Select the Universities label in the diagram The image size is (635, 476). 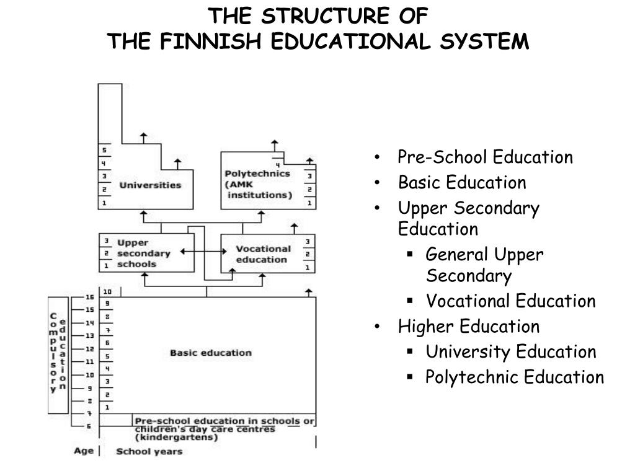click(150, 185)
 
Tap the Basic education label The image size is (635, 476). click(211, 353)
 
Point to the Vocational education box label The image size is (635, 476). click(263, 254)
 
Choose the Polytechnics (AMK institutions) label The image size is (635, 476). click(257, 184)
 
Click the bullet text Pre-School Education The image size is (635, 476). click(486, 157)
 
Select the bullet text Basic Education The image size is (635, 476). click(462, 183)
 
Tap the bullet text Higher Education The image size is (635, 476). click(469, 326)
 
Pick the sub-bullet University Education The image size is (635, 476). click(510, 352)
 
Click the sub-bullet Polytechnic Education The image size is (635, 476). click(514, 377)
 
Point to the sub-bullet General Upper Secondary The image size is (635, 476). click(484, 265)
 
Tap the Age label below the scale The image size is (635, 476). click(83, 451)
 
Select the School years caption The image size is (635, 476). click(149, 451)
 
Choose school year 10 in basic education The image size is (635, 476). click(107, 291)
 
